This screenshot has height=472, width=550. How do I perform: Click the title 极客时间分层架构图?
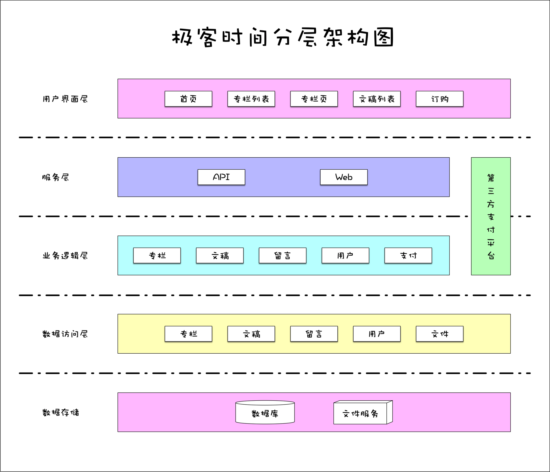(283, 37)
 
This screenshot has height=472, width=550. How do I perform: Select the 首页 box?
(188, 99)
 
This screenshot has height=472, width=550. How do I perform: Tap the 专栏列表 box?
(251, 99)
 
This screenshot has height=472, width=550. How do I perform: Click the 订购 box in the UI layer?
(439, 99)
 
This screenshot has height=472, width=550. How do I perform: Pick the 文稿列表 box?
(377, 99)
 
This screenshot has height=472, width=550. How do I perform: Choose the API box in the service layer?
(221, 177)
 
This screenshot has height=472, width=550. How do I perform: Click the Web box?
(344, 177)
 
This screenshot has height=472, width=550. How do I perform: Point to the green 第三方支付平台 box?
(491, 216)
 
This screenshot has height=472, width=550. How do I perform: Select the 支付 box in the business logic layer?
(408, 255)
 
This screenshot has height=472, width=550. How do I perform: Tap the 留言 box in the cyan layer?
(282, 255)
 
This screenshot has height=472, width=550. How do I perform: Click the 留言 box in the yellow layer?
(314, 334)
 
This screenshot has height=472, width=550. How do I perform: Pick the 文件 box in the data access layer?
(439, 334)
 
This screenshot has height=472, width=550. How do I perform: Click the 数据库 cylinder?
(265, 413)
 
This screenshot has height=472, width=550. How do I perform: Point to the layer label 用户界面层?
(65, 99)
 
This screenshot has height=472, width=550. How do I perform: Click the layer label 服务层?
(55, 177)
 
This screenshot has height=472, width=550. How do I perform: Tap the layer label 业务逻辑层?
(65, 256)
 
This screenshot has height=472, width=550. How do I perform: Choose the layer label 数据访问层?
(65, 334)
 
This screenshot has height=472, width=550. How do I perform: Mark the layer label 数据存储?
(61, 412)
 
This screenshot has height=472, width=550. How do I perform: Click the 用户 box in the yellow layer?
(377, 334)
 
